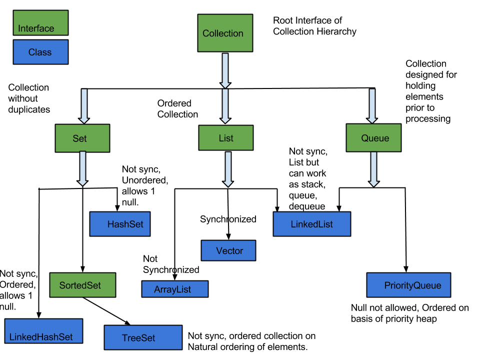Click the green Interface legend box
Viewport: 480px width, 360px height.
[40, 23]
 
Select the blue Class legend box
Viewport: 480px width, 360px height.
[40, 52]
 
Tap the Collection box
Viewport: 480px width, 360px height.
[225, 33]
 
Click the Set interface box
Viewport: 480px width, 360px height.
[82, 138]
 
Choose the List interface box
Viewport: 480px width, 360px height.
[226, 137]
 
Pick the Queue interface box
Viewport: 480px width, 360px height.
[373, 137]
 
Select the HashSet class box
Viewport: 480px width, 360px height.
[120, 224]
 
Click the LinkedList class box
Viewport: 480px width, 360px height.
[311, 224]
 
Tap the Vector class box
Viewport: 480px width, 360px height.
[228, 250]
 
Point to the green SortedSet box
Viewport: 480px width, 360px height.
[82, 285]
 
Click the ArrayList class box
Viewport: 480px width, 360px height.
[174, 289]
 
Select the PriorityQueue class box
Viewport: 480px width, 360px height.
[408, 285]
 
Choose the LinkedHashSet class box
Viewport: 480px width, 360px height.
[43, 331]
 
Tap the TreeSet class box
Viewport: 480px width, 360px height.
[143, 337]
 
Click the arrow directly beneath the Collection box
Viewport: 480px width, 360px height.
[225, 70]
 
